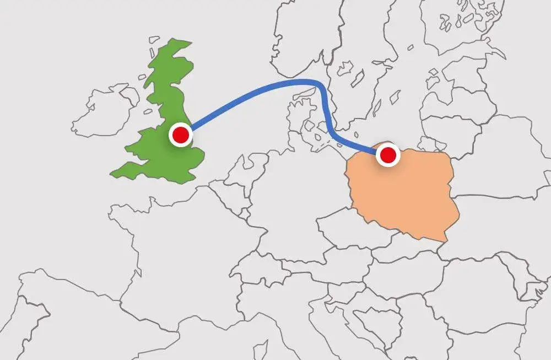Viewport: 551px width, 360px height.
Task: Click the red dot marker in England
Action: (x=180, y=135)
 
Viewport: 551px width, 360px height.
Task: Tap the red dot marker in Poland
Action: (x=388, y=155)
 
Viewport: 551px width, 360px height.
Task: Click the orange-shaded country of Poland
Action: (x=405, y=193)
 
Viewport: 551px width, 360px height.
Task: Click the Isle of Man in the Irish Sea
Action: (x=147, y=112)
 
